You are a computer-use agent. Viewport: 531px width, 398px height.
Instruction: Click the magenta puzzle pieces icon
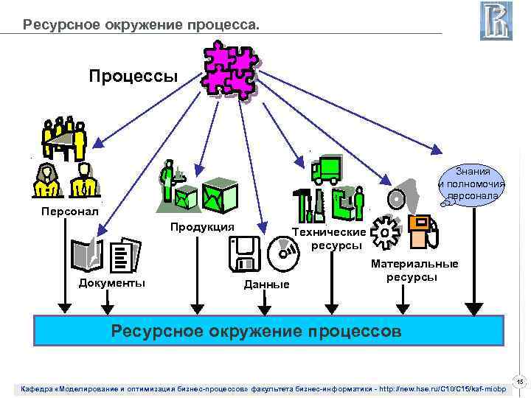(x=229, y=69)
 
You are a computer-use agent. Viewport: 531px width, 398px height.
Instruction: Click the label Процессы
(x=133, y=76)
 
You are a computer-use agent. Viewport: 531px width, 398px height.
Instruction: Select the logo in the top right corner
(x=496, y=21)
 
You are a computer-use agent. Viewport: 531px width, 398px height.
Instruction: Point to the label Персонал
(x=69, y=212)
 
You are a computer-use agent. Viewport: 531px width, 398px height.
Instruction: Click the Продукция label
(x=202, y=226)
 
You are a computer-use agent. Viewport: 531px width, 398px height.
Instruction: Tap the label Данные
(x=266, y=284)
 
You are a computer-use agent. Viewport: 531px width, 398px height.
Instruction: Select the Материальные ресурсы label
(x=414, y=270)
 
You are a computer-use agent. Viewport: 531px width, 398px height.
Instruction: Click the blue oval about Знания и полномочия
(x=473, y=183)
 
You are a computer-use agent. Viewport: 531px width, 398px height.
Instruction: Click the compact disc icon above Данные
(x=285, y=254)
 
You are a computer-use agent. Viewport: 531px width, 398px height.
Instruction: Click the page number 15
(x=519, y=382)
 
